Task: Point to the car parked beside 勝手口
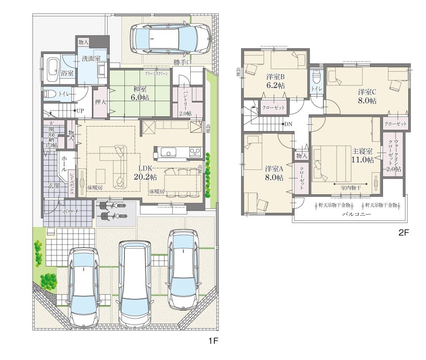pos(170,39)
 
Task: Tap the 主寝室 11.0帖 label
pos(363,156)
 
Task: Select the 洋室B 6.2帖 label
pos(275,81)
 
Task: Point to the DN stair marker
pos(288,124)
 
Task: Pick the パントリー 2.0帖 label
pos(186,103)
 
